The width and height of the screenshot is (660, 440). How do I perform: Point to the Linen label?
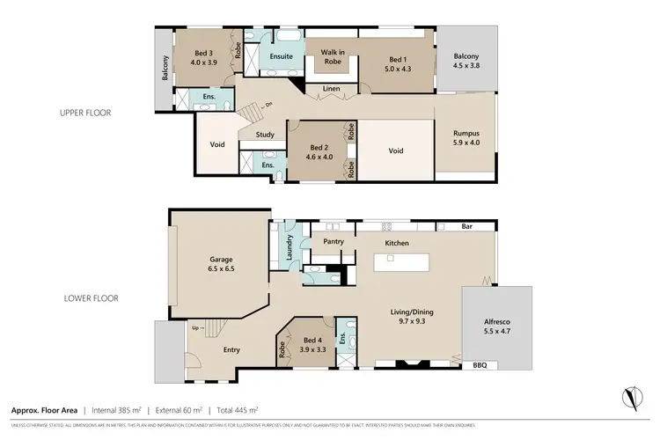332,89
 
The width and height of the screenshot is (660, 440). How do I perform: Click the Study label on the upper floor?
265,136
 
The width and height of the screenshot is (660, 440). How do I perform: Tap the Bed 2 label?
318,148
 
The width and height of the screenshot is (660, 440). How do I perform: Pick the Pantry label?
333,239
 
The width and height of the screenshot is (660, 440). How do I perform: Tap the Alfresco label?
495,322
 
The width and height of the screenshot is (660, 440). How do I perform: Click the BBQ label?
480,364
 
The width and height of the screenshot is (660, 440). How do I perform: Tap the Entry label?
231,350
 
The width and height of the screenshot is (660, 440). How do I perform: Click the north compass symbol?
630,399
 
